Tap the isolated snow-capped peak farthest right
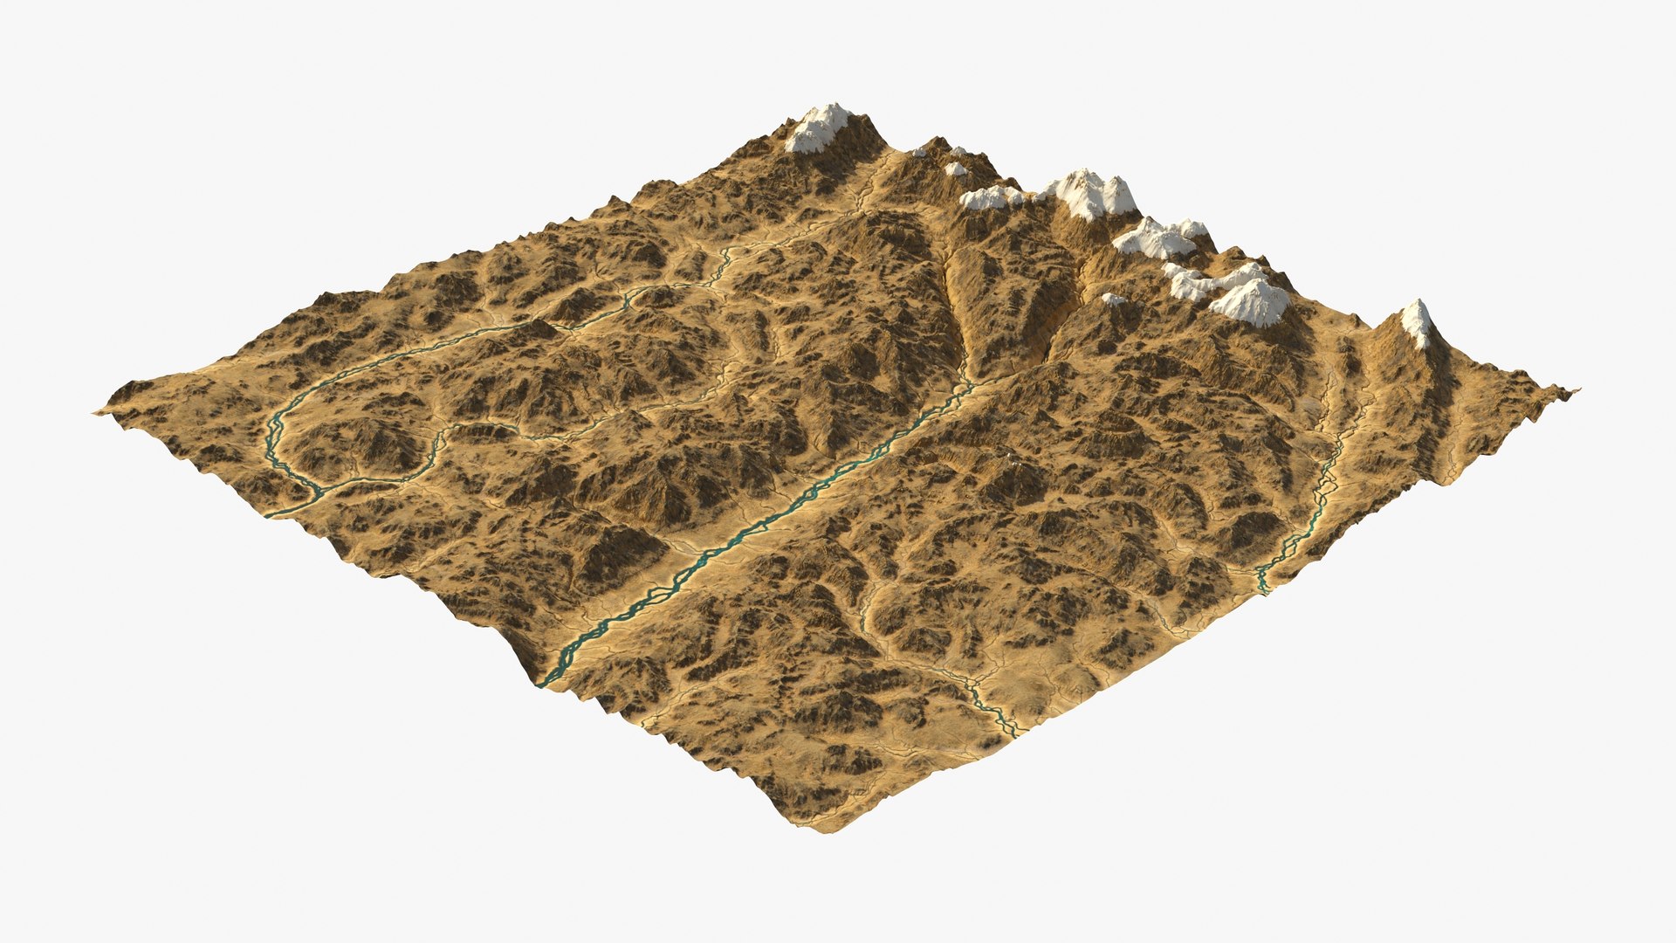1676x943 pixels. [1418, 321]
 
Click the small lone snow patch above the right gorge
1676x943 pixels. [1113, 299]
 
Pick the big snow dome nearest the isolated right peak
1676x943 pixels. [1250, 302]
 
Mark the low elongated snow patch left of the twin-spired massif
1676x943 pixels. [990, 198]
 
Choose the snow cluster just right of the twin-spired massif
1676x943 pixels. [1159, 237]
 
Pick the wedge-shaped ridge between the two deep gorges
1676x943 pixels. [1013, 297]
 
